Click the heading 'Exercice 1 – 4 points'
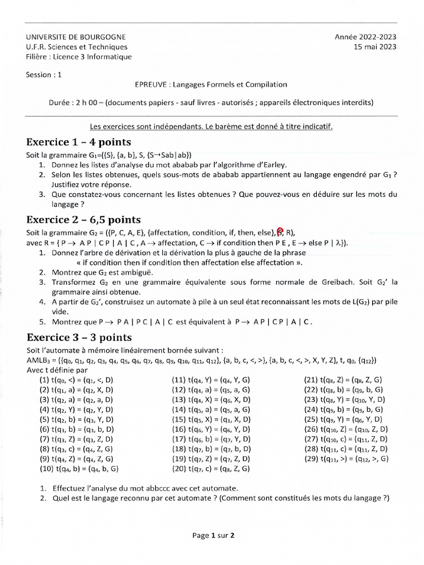click(78, 142)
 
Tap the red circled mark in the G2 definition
click(280, 232)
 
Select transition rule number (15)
click(211, 419)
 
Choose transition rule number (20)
click(211, 468)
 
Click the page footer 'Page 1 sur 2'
click(214, 535)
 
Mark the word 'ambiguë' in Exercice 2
click(136, 273)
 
